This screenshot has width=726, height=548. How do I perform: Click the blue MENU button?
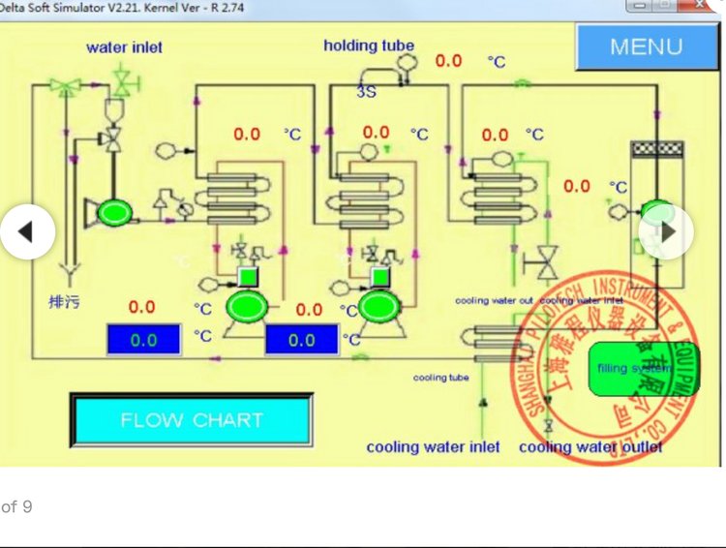coord(646,46)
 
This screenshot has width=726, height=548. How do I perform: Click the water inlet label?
coord(124,47)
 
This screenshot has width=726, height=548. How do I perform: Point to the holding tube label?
coord(369,46)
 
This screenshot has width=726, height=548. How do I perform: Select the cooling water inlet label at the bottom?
coord(433,446)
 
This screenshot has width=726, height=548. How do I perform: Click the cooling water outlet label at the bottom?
coord(590,446)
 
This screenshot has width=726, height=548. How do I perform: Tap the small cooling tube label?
coord(441,378)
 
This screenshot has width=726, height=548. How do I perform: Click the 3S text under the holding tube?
coord(366,92)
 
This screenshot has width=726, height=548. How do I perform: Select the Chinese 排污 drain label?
coord(65,303)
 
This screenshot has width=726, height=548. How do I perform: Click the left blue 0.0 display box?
coord(143,340)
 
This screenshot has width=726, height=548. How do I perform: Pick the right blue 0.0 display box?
coord(301,340)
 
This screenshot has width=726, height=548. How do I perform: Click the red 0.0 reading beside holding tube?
coord(448,61)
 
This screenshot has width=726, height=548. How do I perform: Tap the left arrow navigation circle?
coord(26,231)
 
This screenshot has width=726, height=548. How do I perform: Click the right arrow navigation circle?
coord(666,231)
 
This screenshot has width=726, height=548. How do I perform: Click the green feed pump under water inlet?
coord(113,210)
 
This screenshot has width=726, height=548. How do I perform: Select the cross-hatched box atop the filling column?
coord(656,150)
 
